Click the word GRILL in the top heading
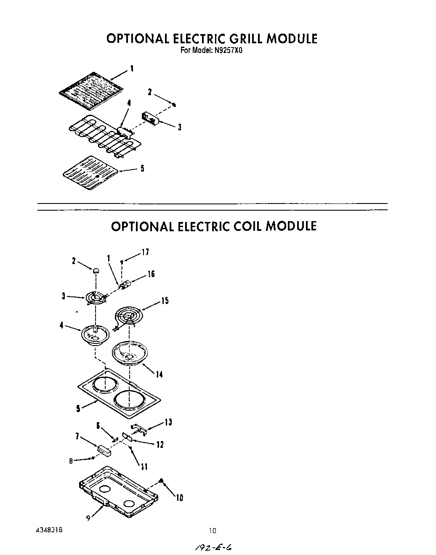pyautogui.click(x=246, y=39)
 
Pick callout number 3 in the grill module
pyautogui.click(x=179, y=127)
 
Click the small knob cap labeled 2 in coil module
pyautogui.click(x=96, y=271)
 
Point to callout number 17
pyautogui.click(x=145, y=252)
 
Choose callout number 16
pyautogui.click(x=151, y=274)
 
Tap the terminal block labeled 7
pyautogui.click(x=104, y=451)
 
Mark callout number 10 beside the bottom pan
pyautogui.click(x=179, y=498)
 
